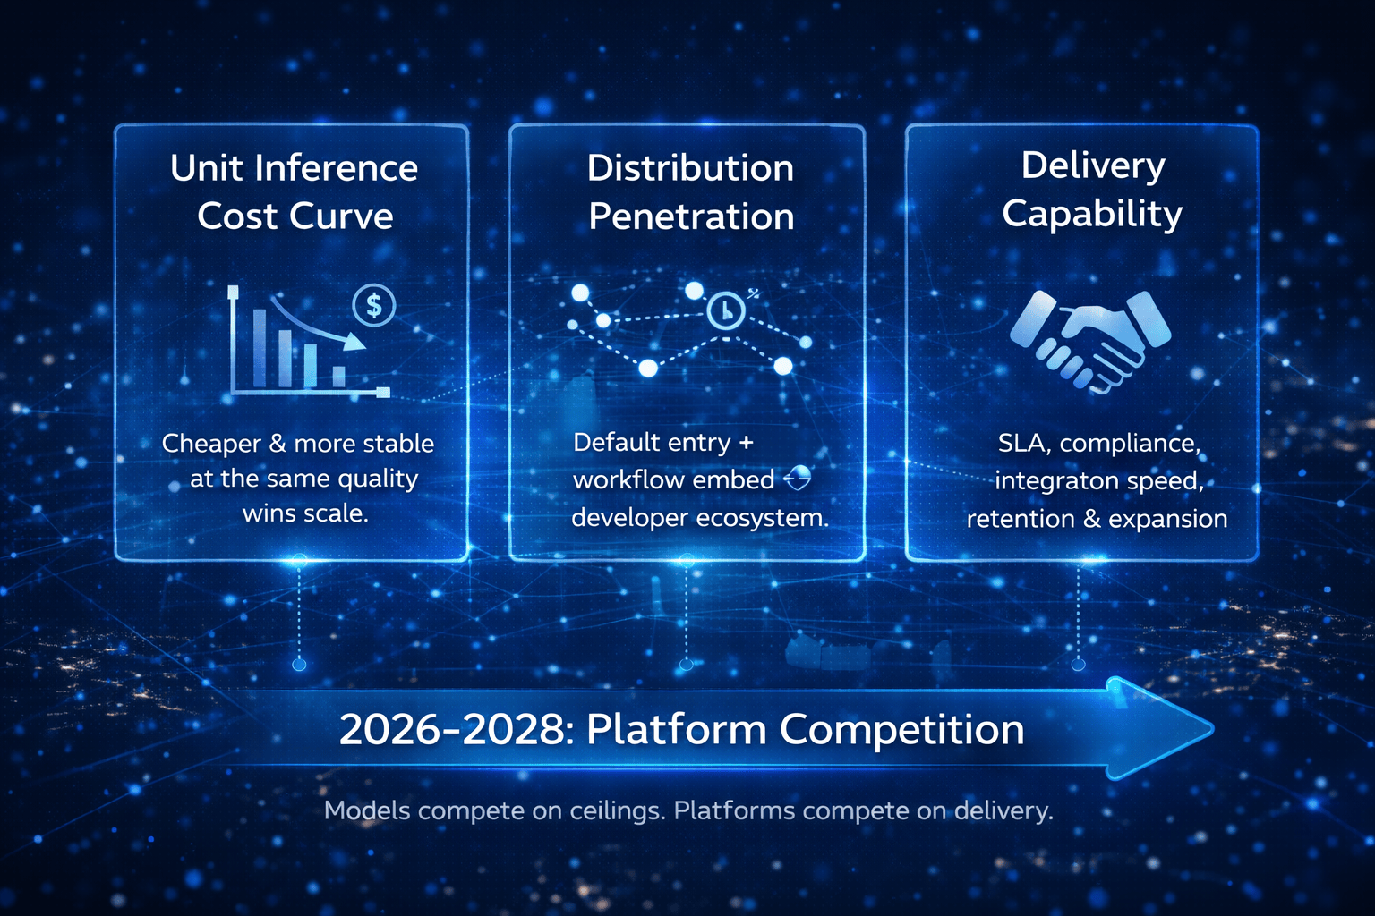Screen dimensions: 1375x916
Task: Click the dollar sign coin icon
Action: coord(374,305)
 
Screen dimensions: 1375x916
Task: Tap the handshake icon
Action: coord(1091,341)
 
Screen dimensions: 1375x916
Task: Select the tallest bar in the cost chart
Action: coord(260,347)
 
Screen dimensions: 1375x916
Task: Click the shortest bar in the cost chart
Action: coord(339,376)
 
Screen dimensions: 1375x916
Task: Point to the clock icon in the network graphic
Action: coord(726,310)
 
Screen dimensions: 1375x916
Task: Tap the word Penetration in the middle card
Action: coord(691,216)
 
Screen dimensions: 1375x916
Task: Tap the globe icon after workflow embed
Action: coord(798,478)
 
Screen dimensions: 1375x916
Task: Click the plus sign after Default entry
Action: coord(746,443)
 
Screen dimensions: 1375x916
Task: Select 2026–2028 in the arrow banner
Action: coord(451,729)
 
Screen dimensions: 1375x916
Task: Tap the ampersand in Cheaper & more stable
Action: coord(278,444)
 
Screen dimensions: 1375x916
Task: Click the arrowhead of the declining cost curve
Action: coord(354,341)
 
